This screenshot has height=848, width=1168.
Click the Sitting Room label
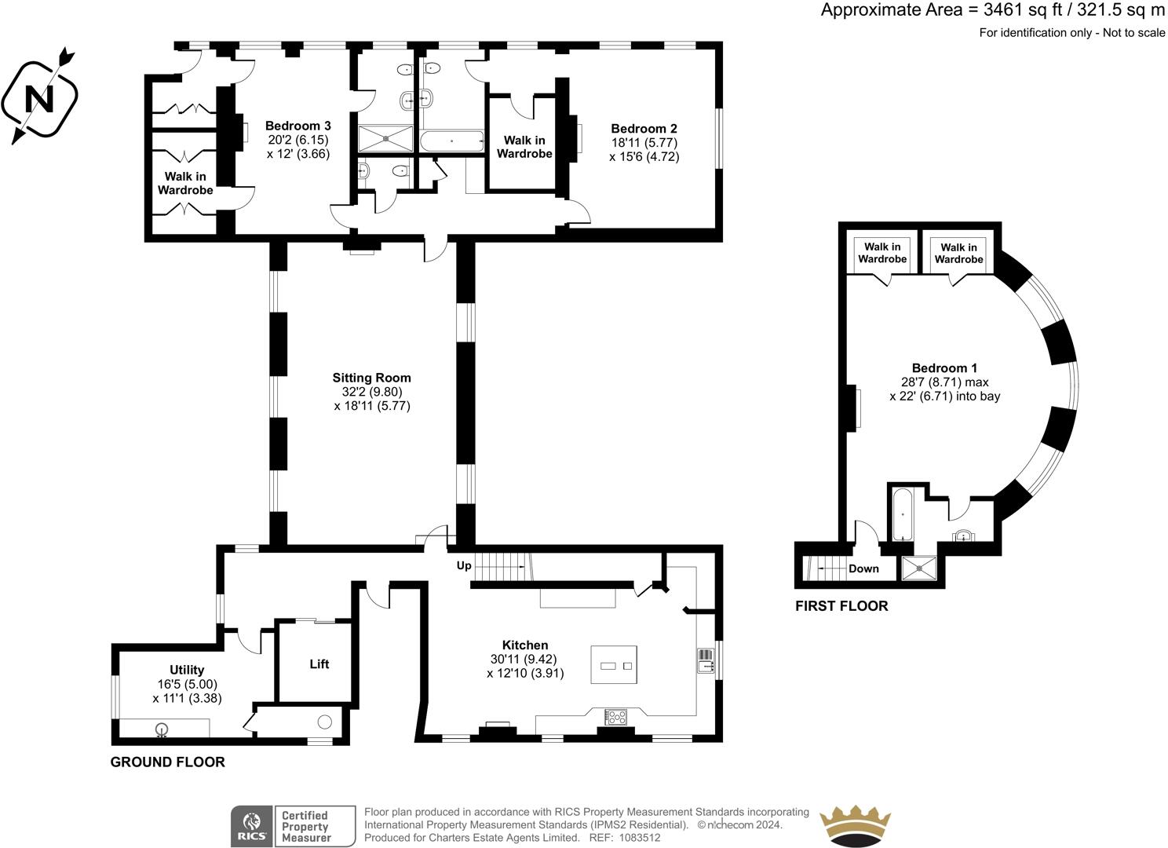pos(371,378)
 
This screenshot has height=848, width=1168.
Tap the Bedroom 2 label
pos(644,128)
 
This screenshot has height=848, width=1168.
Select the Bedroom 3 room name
pos(297,126)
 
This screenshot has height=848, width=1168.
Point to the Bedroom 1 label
pos(944,367)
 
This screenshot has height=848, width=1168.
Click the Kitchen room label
pos(525,645)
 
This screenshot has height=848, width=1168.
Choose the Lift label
pos(319,663)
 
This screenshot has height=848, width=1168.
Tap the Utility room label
pos(187,670)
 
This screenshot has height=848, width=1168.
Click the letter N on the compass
pos(39,99)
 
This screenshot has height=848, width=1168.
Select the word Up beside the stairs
pos(464,566)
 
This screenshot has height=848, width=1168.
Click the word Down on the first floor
pos(863,568)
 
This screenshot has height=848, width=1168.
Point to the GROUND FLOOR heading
pos(167,762)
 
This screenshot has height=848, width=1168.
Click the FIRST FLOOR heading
pos(841,606)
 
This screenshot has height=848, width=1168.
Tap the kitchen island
pos(614,664)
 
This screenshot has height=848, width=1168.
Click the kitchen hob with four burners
pos(615,717)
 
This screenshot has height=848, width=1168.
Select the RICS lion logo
pos(253,826)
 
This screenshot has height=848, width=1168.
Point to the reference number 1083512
pos(639,838)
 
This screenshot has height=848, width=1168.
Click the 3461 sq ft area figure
pos(1021,10)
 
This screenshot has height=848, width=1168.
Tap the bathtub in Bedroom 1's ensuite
pos(902,514)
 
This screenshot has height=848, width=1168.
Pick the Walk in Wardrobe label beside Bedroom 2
pos(524,147)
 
